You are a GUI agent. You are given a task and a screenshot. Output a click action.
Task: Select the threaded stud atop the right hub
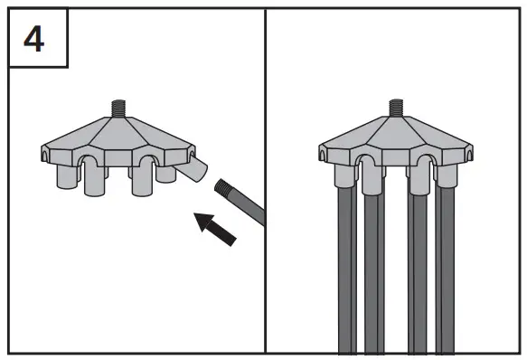[394, 109]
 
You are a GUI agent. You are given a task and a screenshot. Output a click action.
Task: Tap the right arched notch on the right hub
[420, 161]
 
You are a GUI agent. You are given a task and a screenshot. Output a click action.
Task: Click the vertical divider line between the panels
[265, 181]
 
